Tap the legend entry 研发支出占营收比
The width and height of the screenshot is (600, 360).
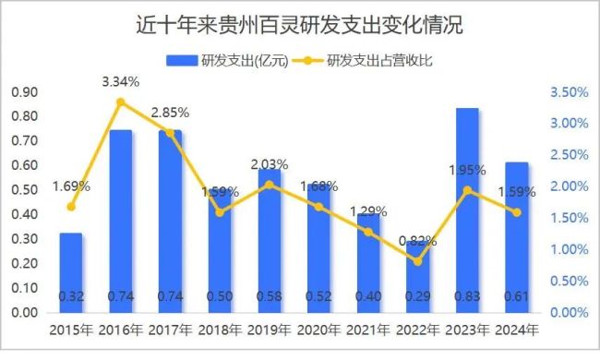(379, 62)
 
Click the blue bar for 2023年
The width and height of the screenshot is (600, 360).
(468, 212)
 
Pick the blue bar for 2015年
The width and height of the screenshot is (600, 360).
(71, 272)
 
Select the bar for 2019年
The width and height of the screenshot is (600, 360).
(270, 240)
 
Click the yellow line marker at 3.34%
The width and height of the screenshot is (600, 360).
(121, 102)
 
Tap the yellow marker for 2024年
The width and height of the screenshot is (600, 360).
(518, 212)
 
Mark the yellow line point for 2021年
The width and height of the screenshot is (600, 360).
(369, 232)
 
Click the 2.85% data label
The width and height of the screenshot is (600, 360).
(170, 113)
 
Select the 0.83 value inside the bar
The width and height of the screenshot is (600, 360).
(468, 296)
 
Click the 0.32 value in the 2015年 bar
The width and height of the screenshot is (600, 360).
(71, 296)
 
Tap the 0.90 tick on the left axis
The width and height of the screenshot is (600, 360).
(24, 91)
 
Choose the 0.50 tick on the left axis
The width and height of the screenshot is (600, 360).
(24, 190)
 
